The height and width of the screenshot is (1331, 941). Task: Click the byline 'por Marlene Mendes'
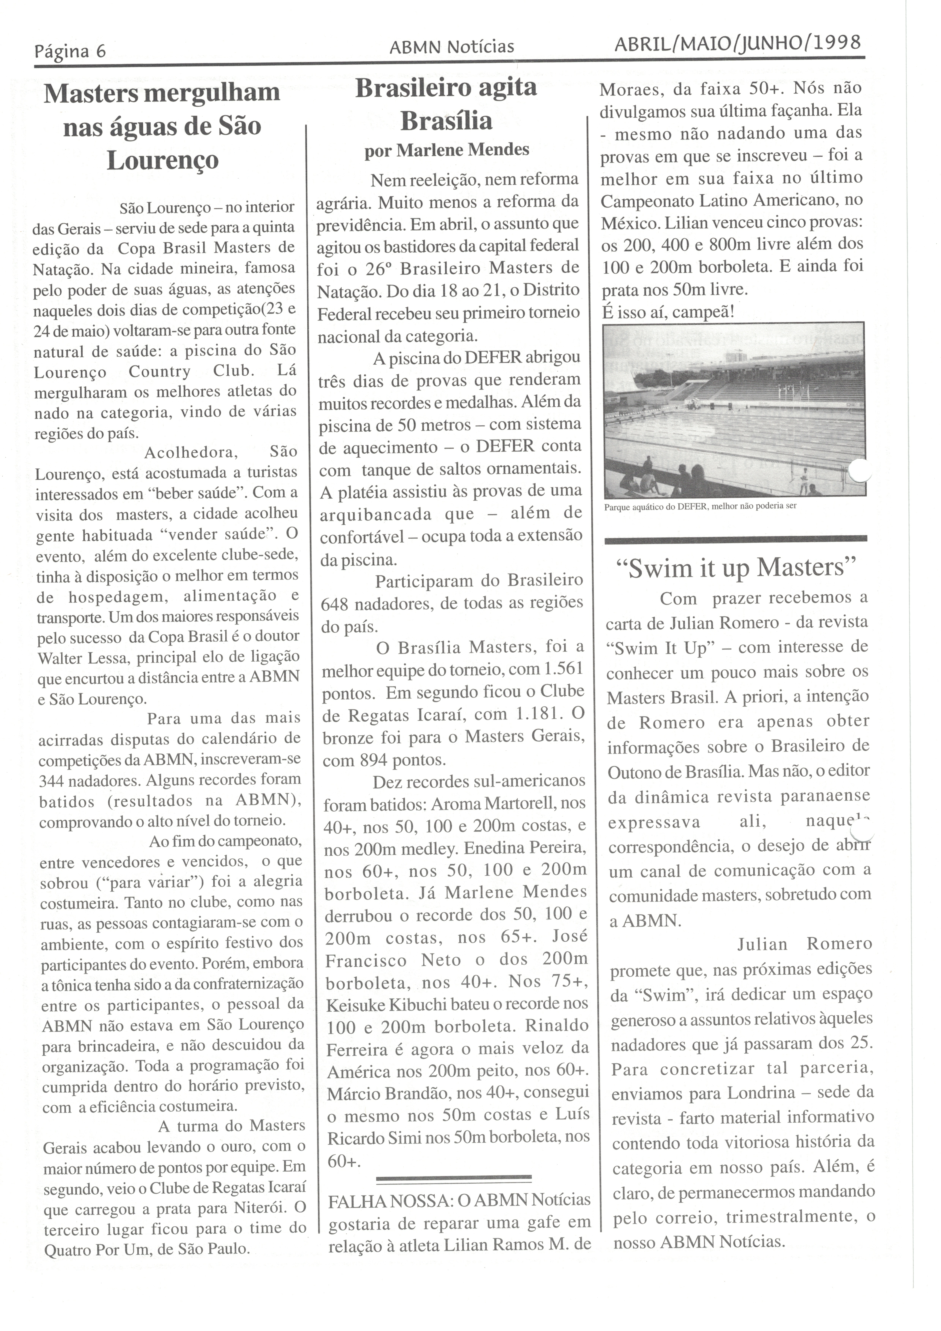[447, 150]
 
